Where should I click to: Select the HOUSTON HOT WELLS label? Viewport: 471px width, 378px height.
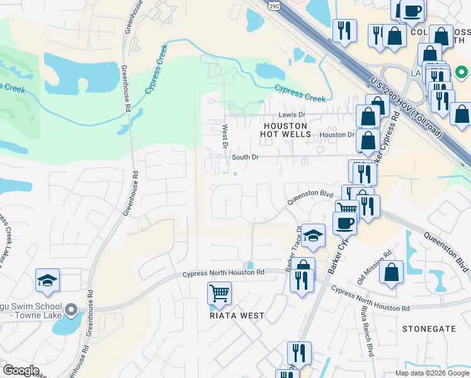[x=287, y=130]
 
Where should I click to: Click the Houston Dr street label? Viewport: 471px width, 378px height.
[x=337, y=135]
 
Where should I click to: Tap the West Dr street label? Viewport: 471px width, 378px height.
[x=225, y=136]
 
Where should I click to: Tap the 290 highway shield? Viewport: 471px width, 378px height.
[x=273, y=5]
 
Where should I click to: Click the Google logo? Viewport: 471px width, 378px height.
[x=21, y=370]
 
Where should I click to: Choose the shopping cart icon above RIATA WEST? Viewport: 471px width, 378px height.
[x=219, y=292]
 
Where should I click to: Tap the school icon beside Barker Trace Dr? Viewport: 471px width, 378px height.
[x=313, y=236]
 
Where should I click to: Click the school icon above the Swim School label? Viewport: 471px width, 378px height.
[x=47, y=280]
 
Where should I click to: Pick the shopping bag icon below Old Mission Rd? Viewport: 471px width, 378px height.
[x=392, y=273]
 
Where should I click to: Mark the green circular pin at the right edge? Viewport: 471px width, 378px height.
[x=460, y=72]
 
